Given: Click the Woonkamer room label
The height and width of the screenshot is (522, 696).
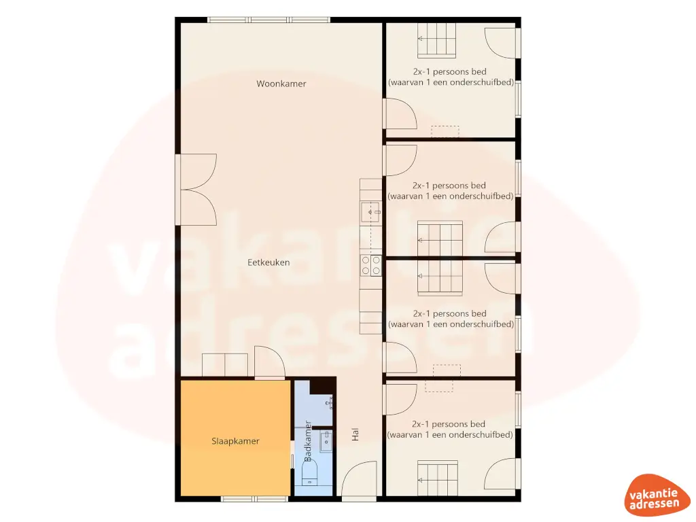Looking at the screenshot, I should pos(281,84).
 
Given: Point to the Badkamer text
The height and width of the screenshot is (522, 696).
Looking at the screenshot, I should pos(309,442).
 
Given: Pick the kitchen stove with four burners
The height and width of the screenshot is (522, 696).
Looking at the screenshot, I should pos(370,265).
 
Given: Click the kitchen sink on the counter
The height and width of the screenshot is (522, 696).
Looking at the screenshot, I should pos(371,213).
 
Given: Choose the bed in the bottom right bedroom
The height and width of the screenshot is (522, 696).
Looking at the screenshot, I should pos(437,474).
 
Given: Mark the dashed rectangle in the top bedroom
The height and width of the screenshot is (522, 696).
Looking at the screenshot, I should pos(445,131).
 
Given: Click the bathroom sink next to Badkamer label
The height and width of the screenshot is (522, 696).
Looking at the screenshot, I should pos(326,441).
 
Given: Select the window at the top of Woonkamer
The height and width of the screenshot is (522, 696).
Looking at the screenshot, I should pos(269,20).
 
